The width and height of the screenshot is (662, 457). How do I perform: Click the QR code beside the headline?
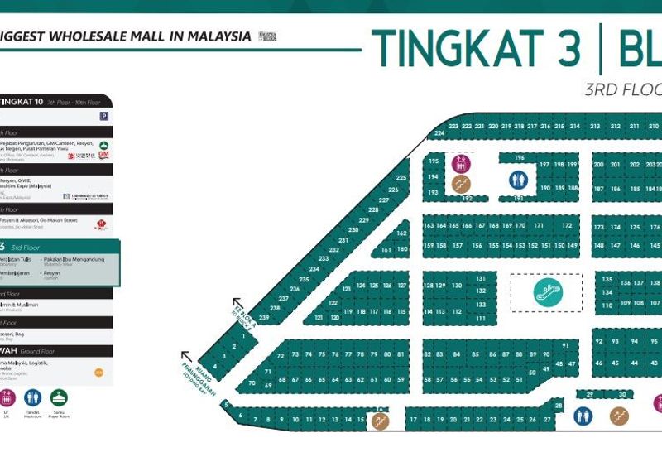tap(266, 36)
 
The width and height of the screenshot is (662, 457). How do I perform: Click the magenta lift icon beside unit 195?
tap(460, 162)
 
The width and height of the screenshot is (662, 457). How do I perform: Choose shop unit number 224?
tap(439, 133)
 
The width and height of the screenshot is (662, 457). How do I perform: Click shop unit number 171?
tap(539, 225)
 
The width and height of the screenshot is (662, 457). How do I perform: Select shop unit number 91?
tap(565, 345)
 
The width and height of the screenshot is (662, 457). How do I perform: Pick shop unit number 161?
tap(387, 249)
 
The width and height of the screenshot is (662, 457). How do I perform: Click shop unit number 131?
tap(481, 279)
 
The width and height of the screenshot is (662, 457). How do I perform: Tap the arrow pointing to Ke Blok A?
tap(237, 303)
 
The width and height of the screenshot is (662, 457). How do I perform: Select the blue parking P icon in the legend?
tap(103, 117)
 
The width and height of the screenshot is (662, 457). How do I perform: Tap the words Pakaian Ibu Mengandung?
tap(74, 259)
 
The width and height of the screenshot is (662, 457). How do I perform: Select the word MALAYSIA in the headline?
tap(211, 36)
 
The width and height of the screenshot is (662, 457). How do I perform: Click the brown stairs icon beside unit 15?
tap(380, 421)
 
